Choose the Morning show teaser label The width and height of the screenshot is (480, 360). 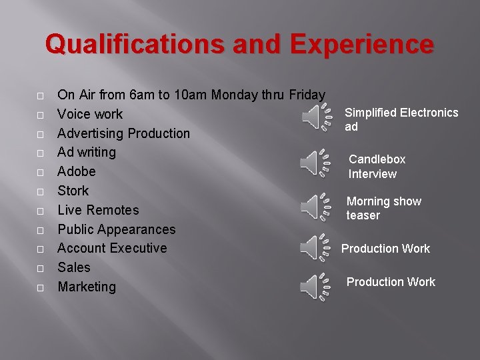[383, 208]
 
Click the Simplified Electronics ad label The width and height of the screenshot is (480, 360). [401, 119]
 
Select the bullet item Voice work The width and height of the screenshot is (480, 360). [90, 114]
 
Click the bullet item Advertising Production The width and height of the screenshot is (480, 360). [123, 133]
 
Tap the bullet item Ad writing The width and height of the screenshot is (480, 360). [87, 152]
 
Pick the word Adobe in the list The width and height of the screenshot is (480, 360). [77, 171]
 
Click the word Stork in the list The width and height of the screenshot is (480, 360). [73, 191]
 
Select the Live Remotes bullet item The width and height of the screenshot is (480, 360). [98, 210]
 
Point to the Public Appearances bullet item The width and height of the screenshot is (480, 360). [117, 229]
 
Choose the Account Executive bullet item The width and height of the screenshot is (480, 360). [112, 248]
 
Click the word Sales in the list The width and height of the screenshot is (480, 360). [73, 267]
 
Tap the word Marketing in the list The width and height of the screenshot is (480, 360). [87, 287]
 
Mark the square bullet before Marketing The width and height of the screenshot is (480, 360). [41, 288]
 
